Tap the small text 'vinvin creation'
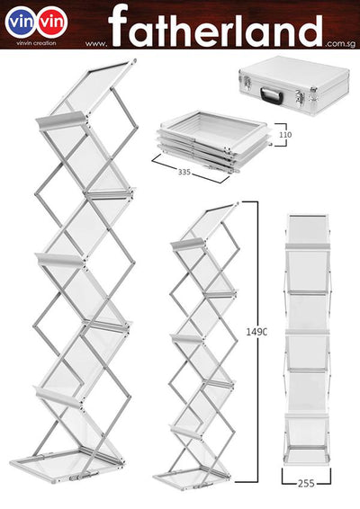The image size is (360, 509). (x=36, y=43)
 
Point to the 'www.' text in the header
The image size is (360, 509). (x=96, y=42)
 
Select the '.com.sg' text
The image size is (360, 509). (x=340, y=41)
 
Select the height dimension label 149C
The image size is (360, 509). (x=256, y=332)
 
